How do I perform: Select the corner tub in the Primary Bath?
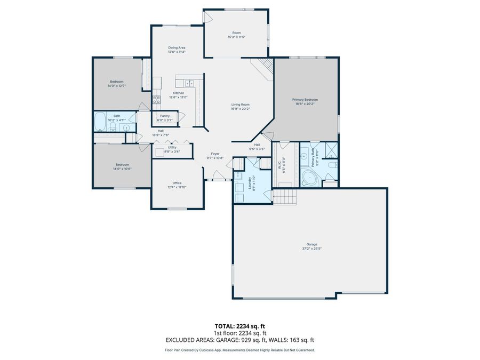(309, 177)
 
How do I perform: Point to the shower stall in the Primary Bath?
(331, 149)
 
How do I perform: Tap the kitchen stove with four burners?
(157, 99)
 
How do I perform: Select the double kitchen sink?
(189, 83)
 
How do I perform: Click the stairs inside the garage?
(283, 196)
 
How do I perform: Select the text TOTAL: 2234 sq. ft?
(239, 325)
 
